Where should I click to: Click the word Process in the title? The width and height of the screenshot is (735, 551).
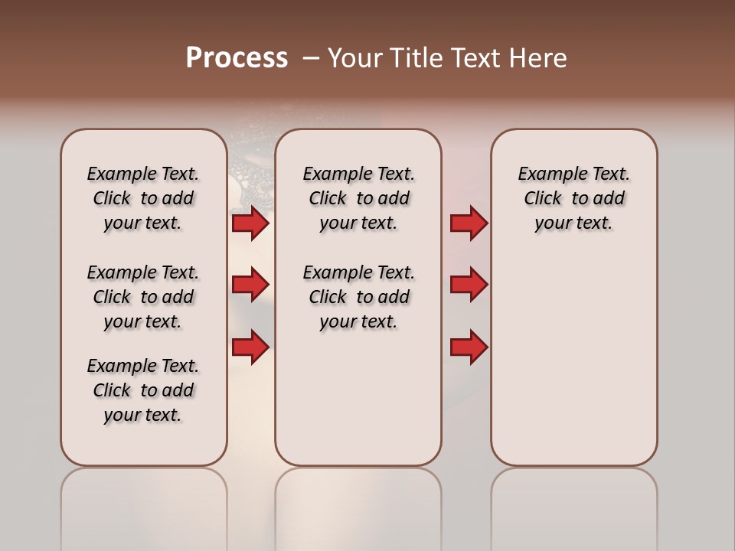pos(236,57)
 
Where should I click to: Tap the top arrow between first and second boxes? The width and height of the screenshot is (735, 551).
pos(250,223)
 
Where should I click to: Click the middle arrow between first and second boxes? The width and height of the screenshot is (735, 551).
pos(250,285)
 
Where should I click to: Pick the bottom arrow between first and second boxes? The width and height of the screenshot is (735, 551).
pos(250,347)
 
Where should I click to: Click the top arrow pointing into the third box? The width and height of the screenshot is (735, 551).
pos(469,223)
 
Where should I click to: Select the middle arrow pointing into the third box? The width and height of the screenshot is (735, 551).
pos(469,285)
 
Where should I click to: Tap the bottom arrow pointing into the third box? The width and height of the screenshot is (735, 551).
pos(469,347)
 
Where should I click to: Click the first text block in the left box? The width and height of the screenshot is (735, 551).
pos(143,198)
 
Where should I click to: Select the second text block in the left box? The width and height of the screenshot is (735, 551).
pos(143,297)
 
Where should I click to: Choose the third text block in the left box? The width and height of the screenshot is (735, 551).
pos(143,390)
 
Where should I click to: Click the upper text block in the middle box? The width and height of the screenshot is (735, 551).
pos(358,198)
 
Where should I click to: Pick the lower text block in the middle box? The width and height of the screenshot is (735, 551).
pos(358,297)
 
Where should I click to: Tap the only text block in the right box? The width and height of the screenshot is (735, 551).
pos(573,198)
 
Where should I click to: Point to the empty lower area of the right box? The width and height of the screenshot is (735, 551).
pos(573,360)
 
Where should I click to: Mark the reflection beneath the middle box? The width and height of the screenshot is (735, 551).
pos(358,505)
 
